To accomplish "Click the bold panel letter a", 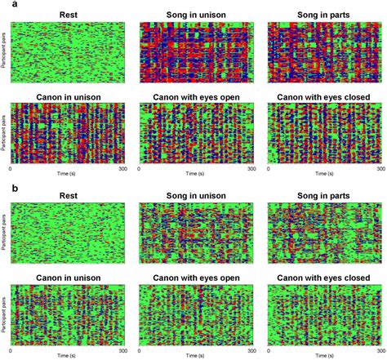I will tap(5, 6).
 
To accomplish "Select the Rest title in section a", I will tap(68, 15).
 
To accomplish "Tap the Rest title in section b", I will tap(68, 198).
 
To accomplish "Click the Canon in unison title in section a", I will tap(68, 96).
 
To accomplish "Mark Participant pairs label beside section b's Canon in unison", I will tap(4, 315).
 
